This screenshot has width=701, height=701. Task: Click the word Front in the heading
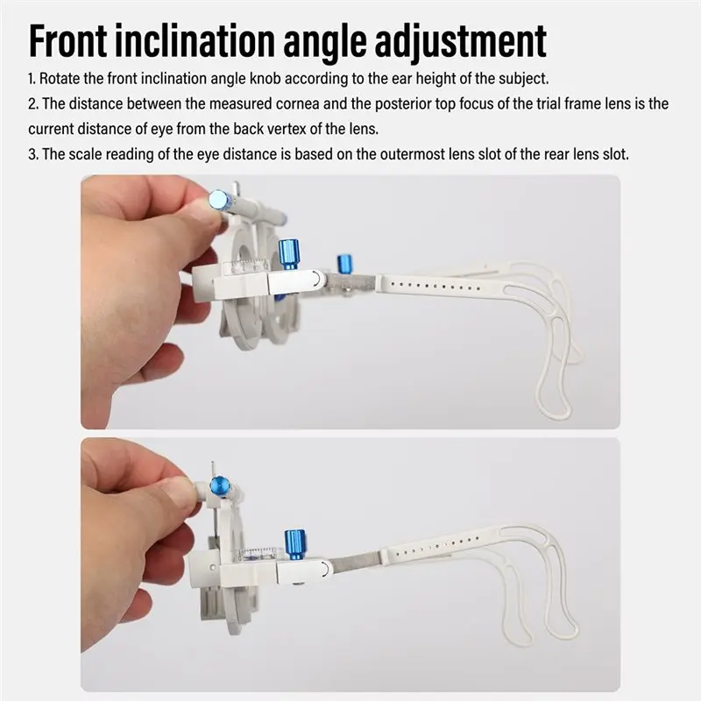pyautogui.click(x=68, y=40)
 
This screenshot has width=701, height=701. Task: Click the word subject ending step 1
pyautogui.click(x=523, y=79)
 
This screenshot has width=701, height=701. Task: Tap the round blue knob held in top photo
pyautogui.click(x=219, y=199)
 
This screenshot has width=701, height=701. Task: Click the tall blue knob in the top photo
pyautogui.click(x=289, y=254)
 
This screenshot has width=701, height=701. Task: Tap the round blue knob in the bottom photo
pyautogui.click(x=220, y=485)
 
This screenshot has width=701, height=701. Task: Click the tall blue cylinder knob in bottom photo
pyautogui.click(x=295, y=544)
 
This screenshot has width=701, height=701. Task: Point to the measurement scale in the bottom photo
pyautogui.click(x=257, y=554)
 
